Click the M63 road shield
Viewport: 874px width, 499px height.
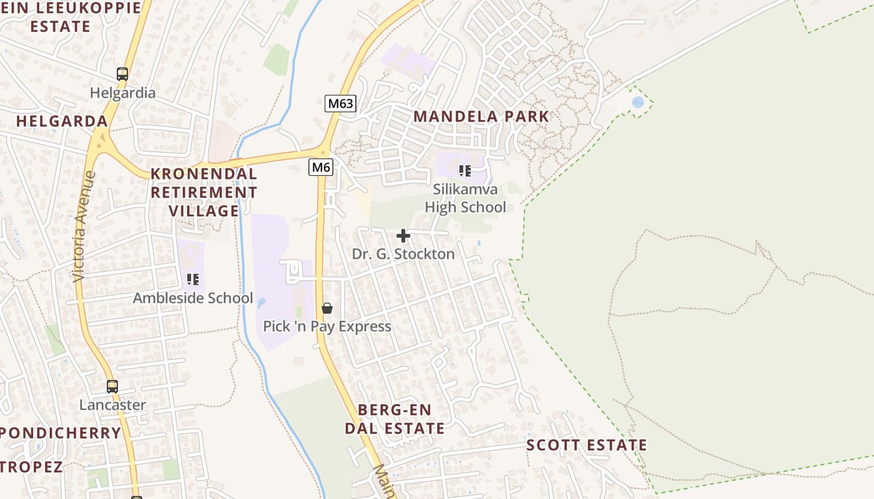pos(340,104)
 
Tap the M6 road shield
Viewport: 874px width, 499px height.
pos(321,167)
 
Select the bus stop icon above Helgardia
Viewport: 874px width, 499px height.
pos(122,74)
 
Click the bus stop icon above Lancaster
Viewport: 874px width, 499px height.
pos(112,387)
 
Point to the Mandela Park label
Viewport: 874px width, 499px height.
pos(481,117)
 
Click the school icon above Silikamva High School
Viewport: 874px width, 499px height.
pos(464,170)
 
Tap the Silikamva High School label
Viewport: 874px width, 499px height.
pos(465,198)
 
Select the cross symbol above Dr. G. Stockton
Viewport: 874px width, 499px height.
pos(403,236)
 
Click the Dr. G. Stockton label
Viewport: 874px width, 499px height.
pos(403,254)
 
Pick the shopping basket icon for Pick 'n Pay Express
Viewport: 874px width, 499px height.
pos(327,308)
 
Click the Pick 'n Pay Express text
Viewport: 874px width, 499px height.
pos(327,326)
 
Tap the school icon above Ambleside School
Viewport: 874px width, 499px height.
pos(193,279)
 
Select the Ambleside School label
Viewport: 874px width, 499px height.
pos(193,298)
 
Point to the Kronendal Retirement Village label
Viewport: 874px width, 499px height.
pos(204,192)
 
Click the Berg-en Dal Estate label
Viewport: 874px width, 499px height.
pos(395,419)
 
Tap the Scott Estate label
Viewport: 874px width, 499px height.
pos(586,445)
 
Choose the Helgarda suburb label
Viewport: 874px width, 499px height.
pos(62,121)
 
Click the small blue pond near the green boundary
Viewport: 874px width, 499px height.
pos(637,102)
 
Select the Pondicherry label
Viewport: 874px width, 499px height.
pos(61,433)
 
